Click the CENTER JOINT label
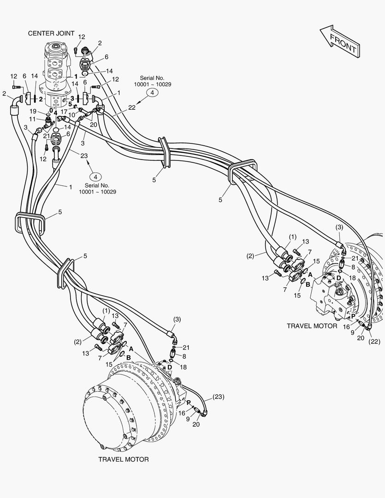[x=51, y=33]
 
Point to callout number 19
[x=33, y=111]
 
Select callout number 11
[x=32, y=119]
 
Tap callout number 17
[x=64, y=112]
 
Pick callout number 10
[x=72, y=114]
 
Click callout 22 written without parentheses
[x=132, y=107]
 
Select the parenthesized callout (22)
[x=374, y=342]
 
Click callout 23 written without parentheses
[x=84, y=156]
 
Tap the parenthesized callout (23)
[x=218, y=397]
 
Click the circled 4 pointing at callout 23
[x=95, y=177]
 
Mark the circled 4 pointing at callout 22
[x=152, y=92]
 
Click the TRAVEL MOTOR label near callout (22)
[x=312, y=326]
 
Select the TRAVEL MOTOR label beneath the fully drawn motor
[x=123, y=459]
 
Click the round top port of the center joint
[x=57, y=47]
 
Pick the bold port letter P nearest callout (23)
[x=189, y=403]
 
